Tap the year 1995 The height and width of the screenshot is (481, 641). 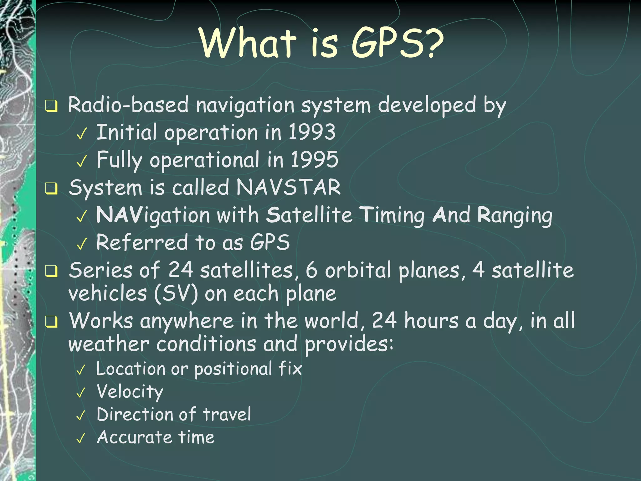314,159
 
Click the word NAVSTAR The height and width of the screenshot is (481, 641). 288,187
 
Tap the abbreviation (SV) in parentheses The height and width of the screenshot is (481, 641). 176,294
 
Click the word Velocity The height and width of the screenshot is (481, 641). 130,392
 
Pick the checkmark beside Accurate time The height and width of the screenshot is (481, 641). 81,438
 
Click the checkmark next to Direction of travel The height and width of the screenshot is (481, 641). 81,416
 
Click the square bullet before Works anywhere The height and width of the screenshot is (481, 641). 51,322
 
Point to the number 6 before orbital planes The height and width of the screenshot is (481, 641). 311,270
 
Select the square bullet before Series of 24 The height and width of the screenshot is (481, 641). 51,271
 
